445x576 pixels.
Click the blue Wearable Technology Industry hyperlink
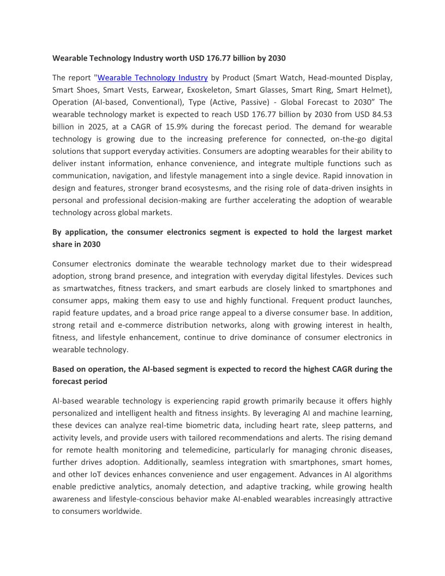tap(152, 78)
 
